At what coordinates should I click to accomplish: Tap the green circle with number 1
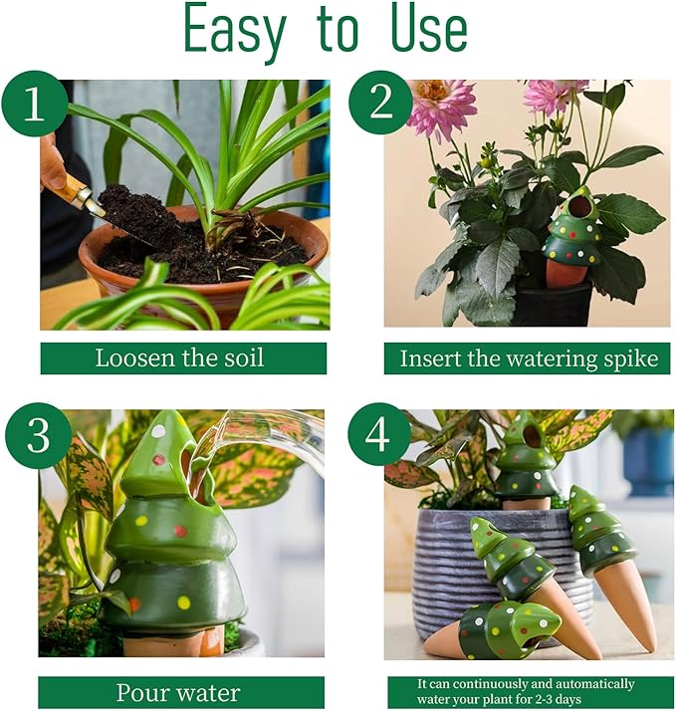point(36,104)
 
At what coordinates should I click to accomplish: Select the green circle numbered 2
point(380,104)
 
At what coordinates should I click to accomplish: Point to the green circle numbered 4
point(379,434)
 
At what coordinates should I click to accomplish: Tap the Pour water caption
point(181,692)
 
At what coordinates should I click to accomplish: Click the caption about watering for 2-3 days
point(528,692)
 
